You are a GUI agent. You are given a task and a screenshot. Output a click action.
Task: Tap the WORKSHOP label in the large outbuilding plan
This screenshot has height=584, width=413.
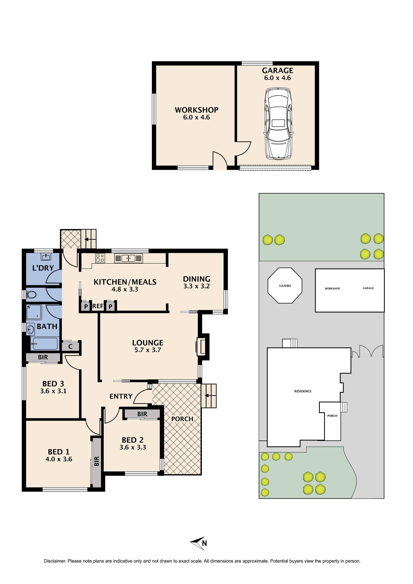click(x=197, y=110)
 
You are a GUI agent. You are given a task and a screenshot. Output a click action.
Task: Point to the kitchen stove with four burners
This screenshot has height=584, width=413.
click(x=100, y=258)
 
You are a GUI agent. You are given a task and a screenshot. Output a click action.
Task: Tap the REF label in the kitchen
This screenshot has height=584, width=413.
click(x=98, y=306)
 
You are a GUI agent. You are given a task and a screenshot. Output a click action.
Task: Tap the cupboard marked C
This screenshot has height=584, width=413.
click(x=70, y=346)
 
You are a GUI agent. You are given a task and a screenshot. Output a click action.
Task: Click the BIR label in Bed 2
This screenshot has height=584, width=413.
click(x=142, y=414)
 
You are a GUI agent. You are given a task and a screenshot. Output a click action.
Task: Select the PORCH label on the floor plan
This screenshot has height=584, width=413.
click(x=182, y=419)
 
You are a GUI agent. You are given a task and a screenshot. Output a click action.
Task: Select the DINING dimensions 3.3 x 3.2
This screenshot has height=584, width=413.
click(x=197, y=286)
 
